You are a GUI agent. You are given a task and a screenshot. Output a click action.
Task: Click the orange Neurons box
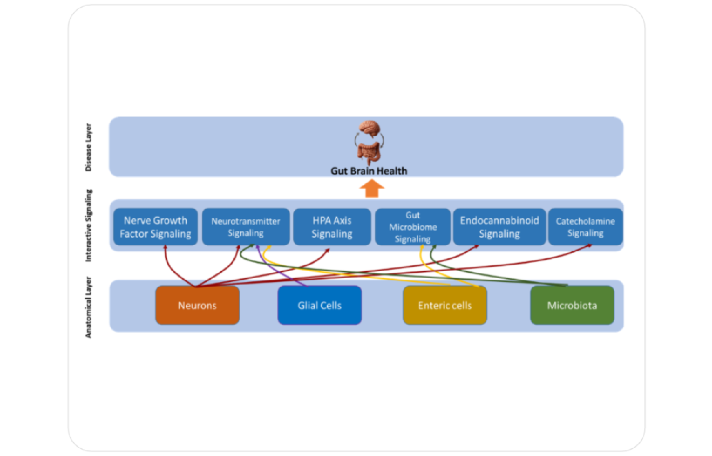(197, 305)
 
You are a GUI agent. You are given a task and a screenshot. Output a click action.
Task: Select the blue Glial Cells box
(319, 305)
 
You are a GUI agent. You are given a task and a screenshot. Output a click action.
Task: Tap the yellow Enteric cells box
(445, 305)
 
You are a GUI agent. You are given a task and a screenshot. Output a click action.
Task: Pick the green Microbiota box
(572, 305)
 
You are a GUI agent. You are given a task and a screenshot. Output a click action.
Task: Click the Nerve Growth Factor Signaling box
(155, 227)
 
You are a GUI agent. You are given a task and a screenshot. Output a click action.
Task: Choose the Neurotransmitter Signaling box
(246, 227)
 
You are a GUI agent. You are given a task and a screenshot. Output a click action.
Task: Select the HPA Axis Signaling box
(332, 227)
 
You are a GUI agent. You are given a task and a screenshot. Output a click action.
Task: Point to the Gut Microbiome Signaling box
(413, 227)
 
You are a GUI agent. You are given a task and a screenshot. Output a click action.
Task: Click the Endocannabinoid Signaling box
(499, 227)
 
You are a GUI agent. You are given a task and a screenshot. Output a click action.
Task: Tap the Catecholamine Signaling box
(585, 227)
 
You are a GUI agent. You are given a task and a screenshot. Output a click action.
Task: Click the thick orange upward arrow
(372, 189)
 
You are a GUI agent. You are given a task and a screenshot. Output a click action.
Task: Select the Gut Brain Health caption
(369, 171)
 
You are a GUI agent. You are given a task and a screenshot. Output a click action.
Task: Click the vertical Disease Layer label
(88, 147)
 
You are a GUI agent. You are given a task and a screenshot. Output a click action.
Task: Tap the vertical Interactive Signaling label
(88, 226)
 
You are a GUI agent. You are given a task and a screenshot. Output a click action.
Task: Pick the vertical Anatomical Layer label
(88, 307)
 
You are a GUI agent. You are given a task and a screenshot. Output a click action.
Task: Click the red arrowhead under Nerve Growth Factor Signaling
(165, 248)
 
